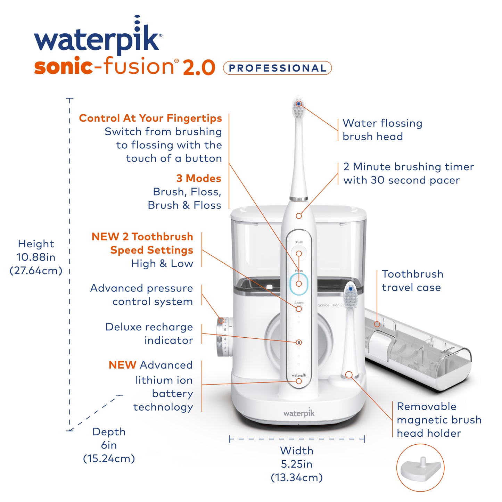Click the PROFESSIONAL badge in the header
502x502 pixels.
[x=277, y=68]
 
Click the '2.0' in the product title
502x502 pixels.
[x=199, y=67]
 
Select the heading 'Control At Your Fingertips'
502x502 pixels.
[x=150, y=118]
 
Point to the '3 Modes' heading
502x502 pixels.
[x=198, y=179]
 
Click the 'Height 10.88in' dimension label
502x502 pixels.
[x=36, y=257]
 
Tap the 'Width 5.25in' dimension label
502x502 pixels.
[x=297, y=464]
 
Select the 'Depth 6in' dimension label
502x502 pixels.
[x=109, y=445]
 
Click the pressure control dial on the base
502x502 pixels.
[x=222, y=336]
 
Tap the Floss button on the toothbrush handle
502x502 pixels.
[x=299, y=283]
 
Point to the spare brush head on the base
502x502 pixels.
[x=350, y=299]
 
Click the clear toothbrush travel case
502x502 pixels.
[x=417, y=351]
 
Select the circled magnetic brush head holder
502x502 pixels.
[x=420, y=468]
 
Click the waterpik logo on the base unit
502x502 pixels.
[x=299, y=413]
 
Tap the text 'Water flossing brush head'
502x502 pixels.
[x=382, y=130]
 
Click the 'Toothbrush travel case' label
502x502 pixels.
[x=412, y=281]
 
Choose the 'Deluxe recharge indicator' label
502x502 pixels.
[x=149, y=334]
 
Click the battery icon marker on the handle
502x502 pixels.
[x=299, y=343]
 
